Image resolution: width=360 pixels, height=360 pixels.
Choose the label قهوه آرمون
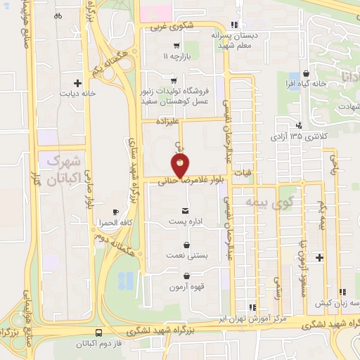[186, 287]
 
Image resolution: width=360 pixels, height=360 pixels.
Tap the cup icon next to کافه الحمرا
[116, 212]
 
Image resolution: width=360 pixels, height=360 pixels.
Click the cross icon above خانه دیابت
[87, 83]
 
